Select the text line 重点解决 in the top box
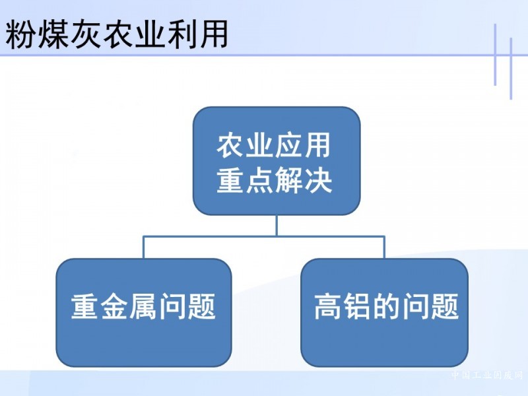[274, 181]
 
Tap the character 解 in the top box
[288, 181]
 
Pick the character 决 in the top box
[318, 181]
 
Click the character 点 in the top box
[259, 181]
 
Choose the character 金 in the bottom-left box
[114, 306]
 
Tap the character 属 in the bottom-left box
[143, 306]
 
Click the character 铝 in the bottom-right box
[357, 306]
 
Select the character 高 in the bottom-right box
[328, 306]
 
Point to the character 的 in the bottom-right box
[386, 306]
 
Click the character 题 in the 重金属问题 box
[201, 306]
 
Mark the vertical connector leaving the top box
[277, 226]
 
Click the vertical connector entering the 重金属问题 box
[144, 247]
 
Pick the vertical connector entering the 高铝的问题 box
[384, 247]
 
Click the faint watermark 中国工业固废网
[486, 375]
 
